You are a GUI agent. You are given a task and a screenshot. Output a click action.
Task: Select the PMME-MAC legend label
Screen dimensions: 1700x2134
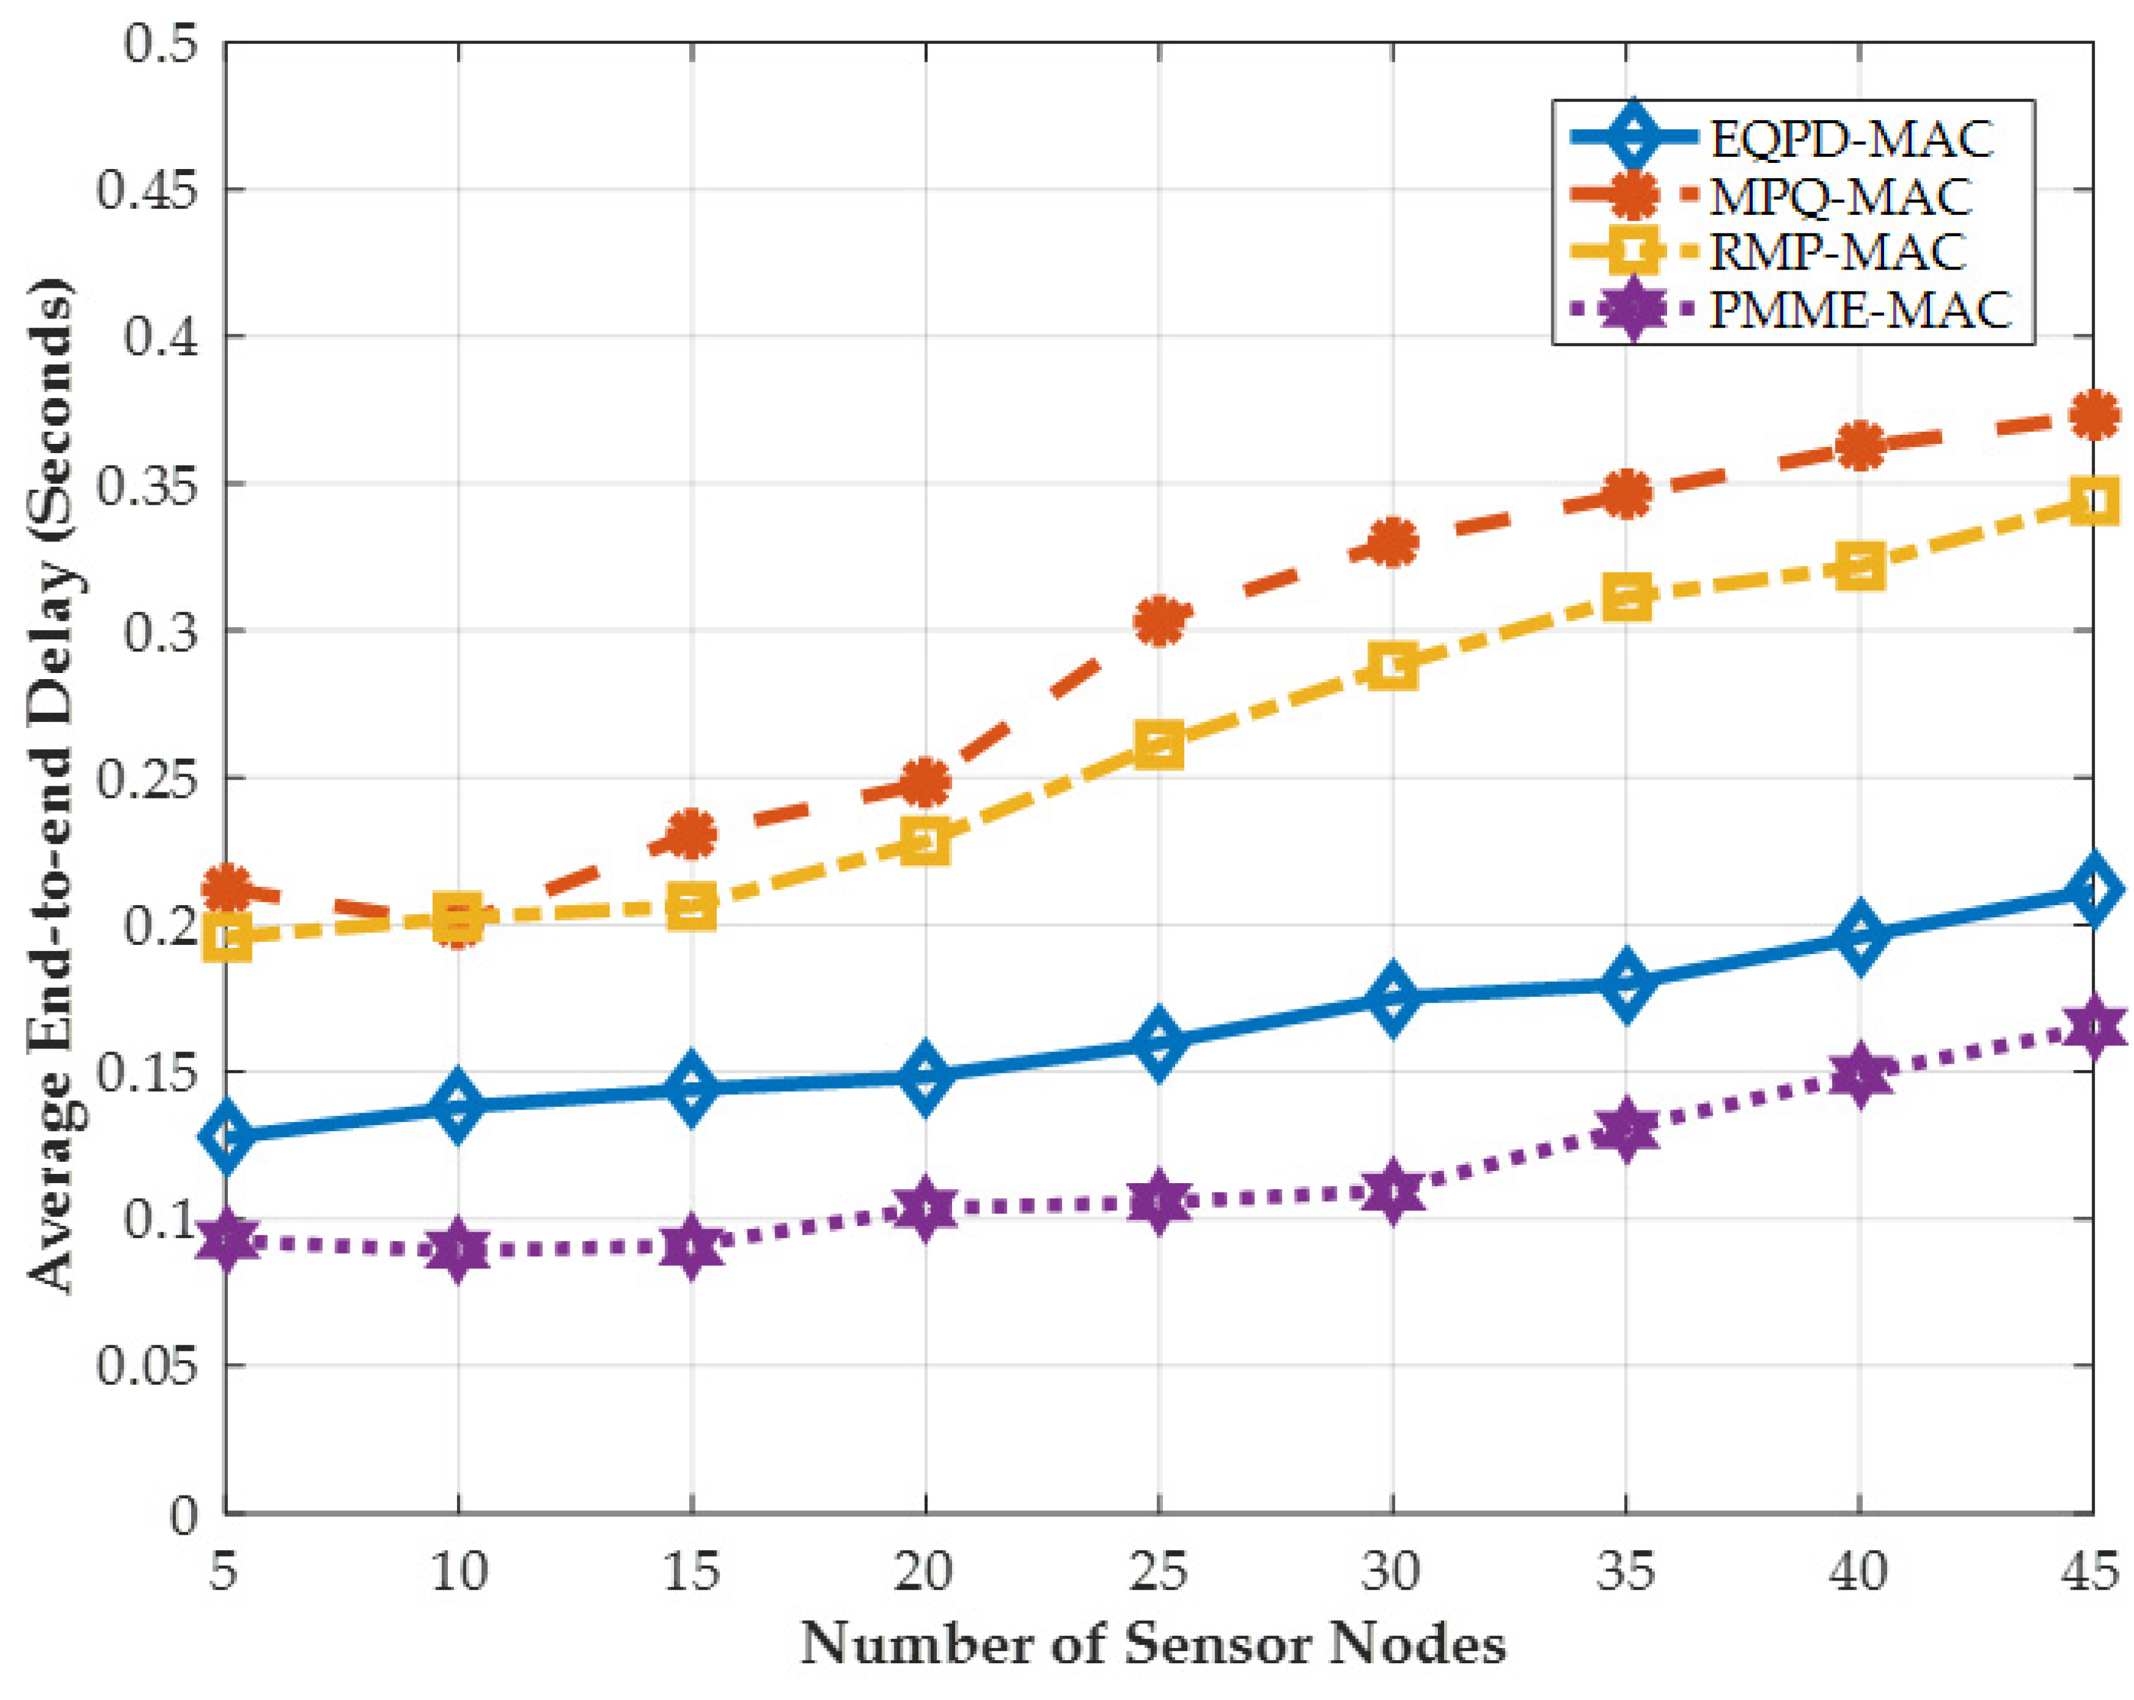tap(1861, 310)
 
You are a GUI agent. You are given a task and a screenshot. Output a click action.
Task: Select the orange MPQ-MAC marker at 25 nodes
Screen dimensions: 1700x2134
tap(1159, 620)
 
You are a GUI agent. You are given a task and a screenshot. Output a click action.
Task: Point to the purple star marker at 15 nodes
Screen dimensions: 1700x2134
tap(691, 1247)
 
